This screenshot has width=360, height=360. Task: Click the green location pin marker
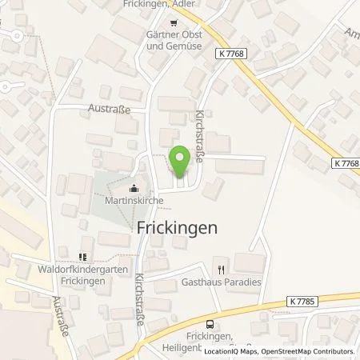(x=180, y=163)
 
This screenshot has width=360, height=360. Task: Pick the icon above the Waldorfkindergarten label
(x=81, y=257)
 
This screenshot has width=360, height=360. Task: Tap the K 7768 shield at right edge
(x=342, y=163)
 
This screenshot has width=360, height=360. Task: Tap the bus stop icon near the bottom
(x=210, y=324)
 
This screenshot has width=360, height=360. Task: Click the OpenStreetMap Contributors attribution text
(x=314, y=351)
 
